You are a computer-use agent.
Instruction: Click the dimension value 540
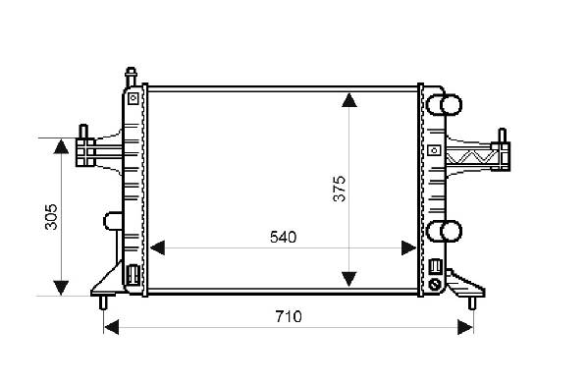tap(283, 237)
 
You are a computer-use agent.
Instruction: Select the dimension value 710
tap(289, 317)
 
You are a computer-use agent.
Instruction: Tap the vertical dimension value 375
tap(340, 189)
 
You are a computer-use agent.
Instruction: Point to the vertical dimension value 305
tap(51, 217)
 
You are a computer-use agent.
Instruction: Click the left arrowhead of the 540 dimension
tap(157, 247)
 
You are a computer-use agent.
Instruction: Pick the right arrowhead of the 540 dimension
tap(408, 247)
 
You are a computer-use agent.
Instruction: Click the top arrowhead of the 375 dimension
tap(349, 100)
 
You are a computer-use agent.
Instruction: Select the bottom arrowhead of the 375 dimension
tap(349, 279)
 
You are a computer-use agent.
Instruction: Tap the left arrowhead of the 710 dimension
tap(111, 327)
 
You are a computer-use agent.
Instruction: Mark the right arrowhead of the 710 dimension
tap(465, 327)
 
